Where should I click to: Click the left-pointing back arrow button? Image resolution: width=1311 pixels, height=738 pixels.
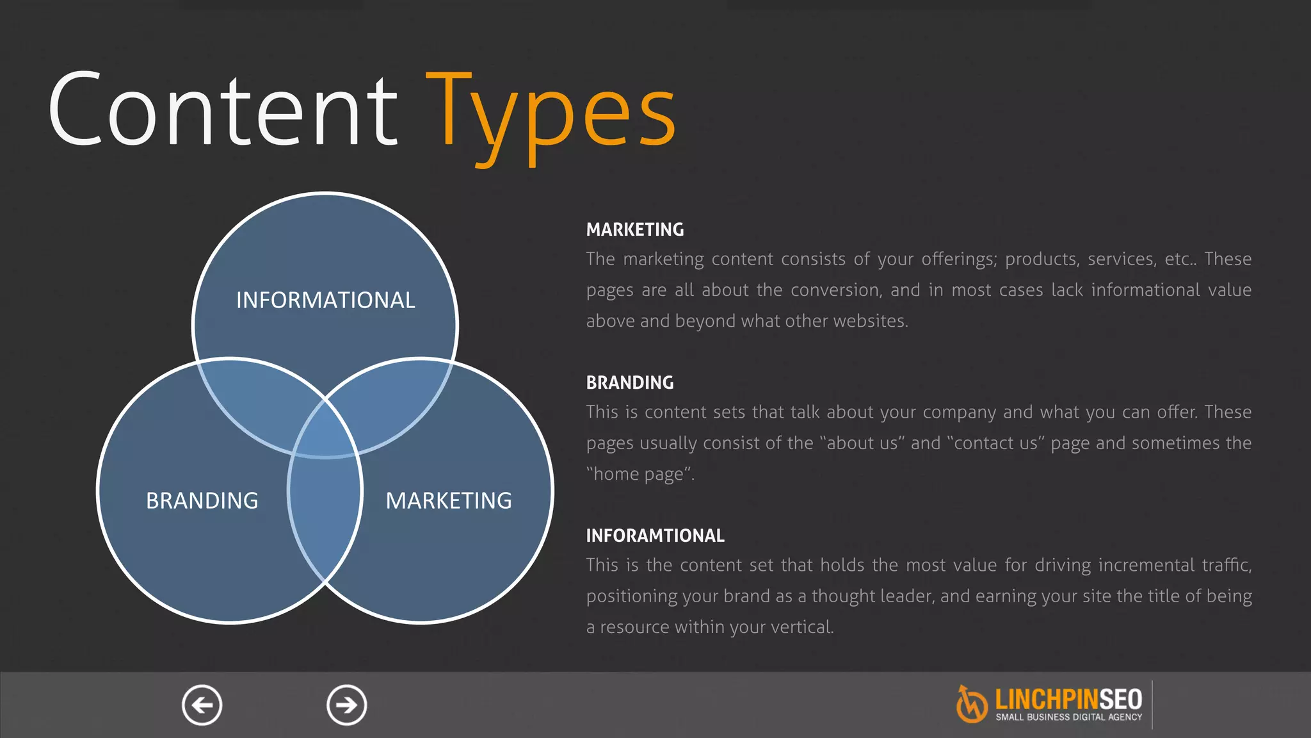pyautogui.click(x=202, y=705)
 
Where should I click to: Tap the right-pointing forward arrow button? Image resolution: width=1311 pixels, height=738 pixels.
pyautogui.click(x=346, y=705)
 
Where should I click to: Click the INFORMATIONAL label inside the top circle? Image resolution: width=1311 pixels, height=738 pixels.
pyautogui.click(x=325, y=300)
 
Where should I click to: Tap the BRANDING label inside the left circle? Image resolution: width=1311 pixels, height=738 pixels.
pyautogui.click(x=202, y=500)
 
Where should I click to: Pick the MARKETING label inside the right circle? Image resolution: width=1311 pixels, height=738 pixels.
pyautogui.click(x=448, y=500)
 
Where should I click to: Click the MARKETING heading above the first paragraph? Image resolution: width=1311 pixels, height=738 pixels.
pyautogui.click(x=634, y=229)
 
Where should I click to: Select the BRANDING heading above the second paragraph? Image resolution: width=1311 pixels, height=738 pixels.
pyautogui.click(x=629, y=382)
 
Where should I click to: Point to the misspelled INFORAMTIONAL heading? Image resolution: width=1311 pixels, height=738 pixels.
pyautogui.click(x=655, y=536)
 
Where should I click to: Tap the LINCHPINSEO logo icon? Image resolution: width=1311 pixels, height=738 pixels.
pyautogui.click(x=971, y=704)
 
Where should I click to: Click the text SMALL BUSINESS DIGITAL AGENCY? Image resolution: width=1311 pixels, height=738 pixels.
pyautogui.click(x=1068, y=717)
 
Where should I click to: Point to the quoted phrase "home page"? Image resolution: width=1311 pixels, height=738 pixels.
pyautogui.click(x=640, y=474)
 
